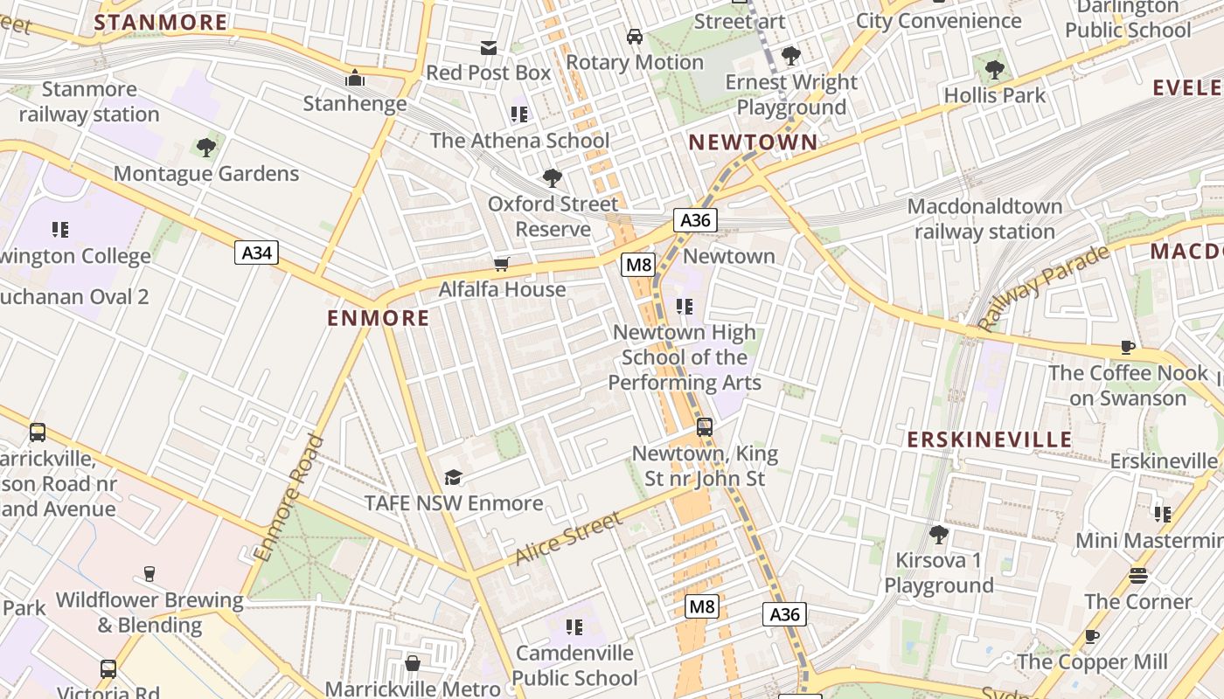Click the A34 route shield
tap(256, 253)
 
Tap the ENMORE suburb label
tap(378, 318)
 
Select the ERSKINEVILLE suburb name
tap(989, 439)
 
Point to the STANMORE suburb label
tap(161, 23)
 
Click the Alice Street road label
tap(568, 537)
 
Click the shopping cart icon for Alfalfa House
tap(501, 264)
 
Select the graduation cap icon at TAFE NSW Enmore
tap(453, 477)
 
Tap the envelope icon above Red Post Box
tap(488, 47)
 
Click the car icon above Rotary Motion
tap(635, 37)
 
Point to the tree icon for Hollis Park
tap(994, 69)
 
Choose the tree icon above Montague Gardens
tap(206, 148)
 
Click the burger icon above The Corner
tap(1137, 576)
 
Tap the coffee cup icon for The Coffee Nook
tap(1128, 347)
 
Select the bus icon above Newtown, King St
tap(705, 427)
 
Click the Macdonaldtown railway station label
tap(984, 219)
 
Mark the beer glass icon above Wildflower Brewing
tap(150, 574)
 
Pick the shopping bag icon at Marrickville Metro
tap(413, 663)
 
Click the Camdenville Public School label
tap(574, 666)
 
